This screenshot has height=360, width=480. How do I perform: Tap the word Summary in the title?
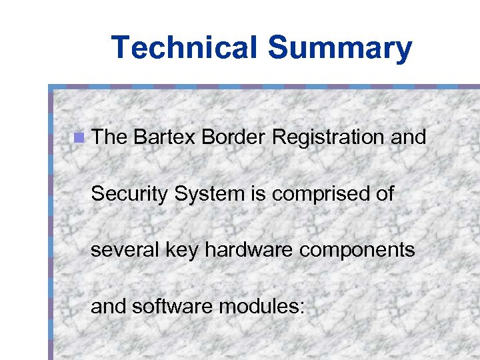340,48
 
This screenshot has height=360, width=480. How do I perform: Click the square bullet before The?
79,139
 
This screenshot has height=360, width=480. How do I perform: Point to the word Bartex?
164,137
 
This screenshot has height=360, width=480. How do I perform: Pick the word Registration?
327,139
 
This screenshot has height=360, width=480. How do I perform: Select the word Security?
130,195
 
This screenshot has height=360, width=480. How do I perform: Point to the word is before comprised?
257,194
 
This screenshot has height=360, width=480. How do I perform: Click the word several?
122,251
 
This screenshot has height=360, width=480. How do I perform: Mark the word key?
178,251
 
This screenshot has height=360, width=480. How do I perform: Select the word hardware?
246,251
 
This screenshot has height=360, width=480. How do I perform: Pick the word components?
354,252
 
